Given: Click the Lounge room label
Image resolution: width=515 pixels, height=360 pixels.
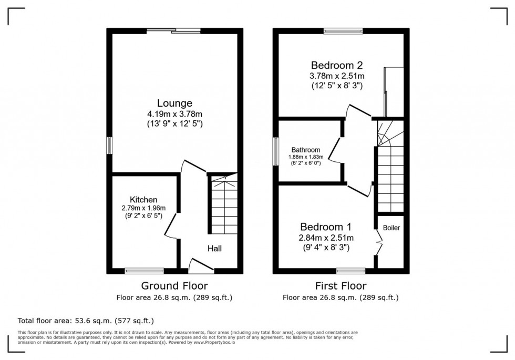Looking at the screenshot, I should (x=174, y=103).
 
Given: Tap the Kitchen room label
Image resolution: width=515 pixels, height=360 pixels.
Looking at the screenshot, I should (x=143, y=200).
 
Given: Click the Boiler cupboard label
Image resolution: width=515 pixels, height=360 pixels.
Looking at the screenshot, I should (x=392, y=228).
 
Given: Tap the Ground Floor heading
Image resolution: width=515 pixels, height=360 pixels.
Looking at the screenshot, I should (x=174, y=286).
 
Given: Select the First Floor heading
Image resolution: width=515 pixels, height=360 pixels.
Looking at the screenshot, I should (x=340, y=286).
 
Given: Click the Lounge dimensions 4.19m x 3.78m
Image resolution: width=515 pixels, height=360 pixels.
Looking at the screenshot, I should (x=174, y=114).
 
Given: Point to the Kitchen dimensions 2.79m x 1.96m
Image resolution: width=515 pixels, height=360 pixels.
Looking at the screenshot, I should (x=143, y=209).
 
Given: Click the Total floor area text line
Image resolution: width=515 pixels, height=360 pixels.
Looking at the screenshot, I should (x=86, y=321).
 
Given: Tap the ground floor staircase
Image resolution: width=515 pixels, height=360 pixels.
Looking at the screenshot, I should (x=224, y=206).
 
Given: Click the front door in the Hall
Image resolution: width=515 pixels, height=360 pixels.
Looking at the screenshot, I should (x=201, y=266).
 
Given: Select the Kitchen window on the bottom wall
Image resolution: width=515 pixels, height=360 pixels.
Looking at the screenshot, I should (x=144, y=271).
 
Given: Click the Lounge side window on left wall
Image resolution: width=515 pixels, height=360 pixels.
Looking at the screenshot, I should (x=110, y=146).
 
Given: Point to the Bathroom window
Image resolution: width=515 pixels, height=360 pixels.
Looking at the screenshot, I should (x=275, y=152).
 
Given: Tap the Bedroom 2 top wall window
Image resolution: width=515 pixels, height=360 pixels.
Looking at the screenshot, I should (x=343, y=31).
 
